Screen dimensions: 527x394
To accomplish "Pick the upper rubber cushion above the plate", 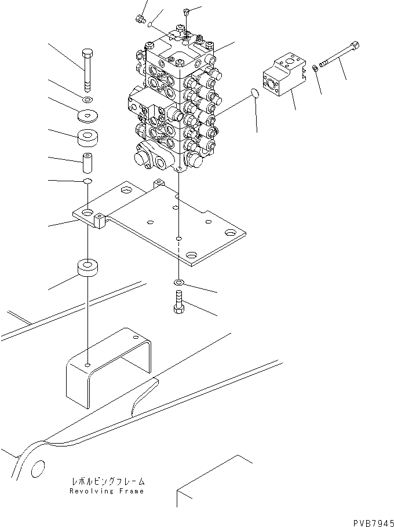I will coord(89,140).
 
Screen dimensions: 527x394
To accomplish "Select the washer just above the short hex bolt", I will coord(178,282).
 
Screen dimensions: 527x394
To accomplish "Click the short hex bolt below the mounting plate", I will coord(178,302).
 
